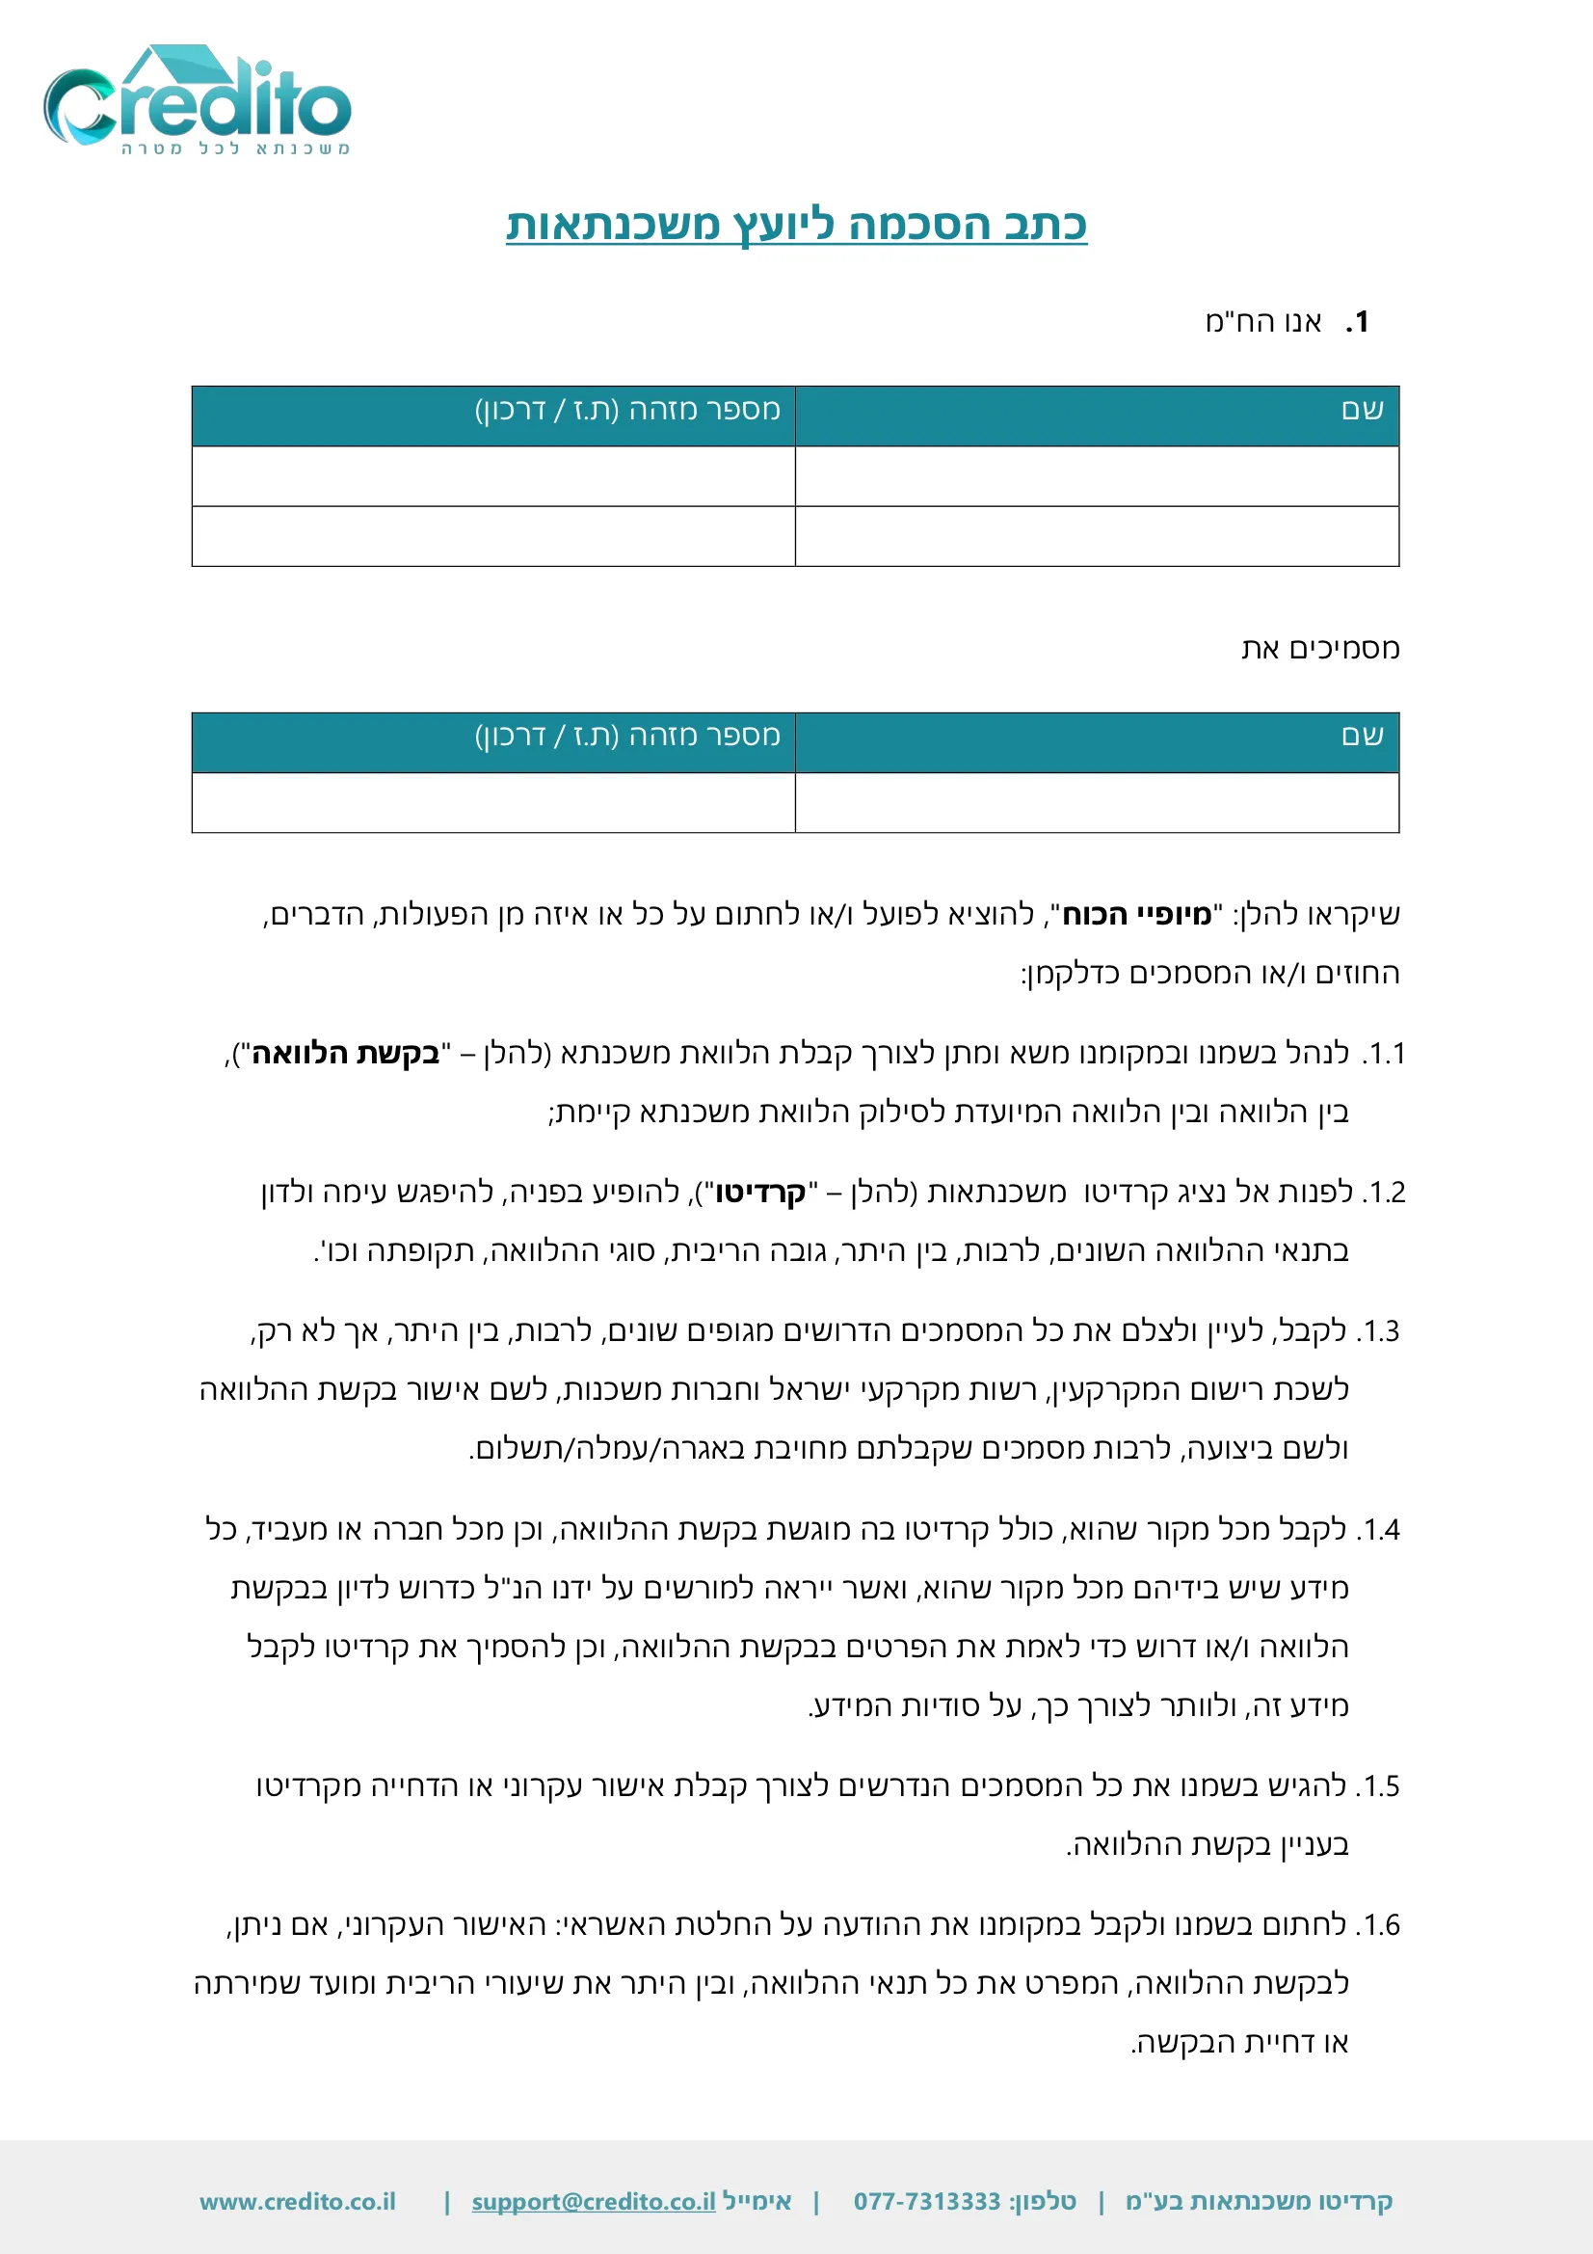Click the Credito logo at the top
197,98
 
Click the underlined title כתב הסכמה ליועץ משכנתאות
796,225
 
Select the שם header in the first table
1363,411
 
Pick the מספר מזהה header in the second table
627,736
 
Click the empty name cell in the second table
1097,803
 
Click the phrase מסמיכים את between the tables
1320,649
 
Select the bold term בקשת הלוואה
346,1054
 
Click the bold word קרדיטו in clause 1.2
760,1193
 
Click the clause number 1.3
1378,1331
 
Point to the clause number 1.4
1378,1529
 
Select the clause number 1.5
1378,1785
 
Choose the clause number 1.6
1378,1925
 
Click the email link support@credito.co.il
594,2202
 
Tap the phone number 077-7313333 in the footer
926,2202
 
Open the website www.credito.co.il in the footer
298,2202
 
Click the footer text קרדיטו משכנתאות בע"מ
1259,2202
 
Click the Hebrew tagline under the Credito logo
235,148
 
